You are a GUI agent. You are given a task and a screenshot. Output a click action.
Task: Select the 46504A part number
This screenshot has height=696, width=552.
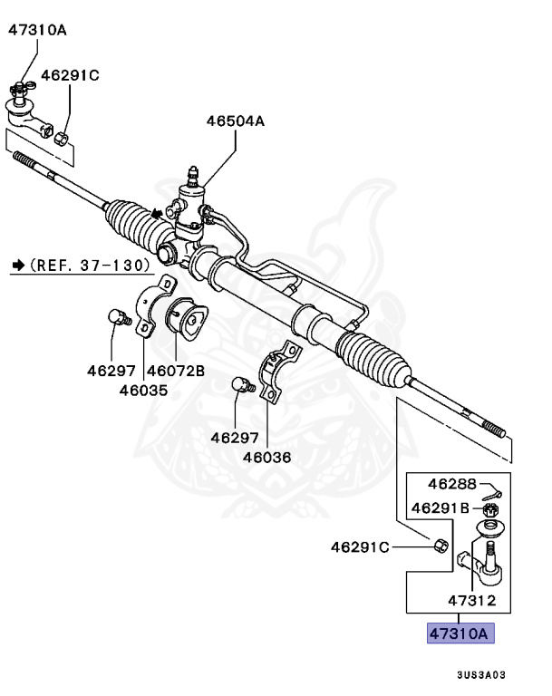coord(235,120)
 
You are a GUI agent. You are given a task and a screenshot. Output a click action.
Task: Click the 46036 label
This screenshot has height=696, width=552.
coord(266,457)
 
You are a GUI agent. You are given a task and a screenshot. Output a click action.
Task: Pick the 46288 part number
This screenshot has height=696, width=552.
coord(450,483)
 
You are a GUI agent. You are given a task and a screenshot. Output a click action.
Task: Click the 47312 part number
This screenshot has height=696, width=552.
coord(471,600)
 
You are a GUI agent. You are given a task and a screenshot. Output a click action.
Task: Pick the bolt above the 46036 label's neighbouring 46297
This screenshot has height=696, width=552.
coord(241,386)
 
